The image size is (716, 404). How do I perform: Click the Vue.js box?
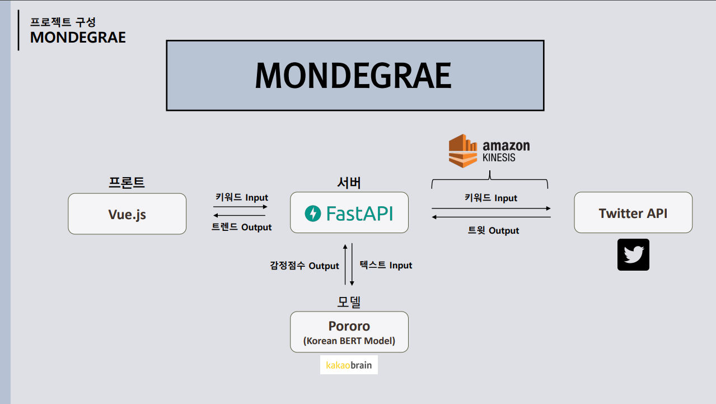[127, 213]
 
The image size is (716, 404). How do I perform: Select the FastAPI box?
[349, 212]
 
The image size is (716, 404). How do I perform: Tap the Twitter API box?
[633, 212]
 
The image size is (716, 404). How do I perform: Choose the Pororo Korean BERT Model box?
[349, 332]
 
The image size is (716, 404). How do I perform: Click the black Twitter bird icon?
[633, 254]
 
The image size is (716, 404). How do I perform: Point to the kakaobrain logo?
[349, 365]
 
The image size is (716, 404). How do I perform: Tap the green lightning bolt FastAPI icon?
[313, 213]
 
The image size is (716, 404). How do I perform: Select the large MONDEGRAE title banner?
[354, 75]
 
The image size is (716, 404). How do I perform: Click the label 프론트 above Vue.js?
[127, 183]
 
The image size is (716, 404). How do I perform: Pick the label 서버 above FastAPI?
[349, 183]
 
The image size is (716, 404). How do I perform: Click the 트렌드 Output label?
[241, 227]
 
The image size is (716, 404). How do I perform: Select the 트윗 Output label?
[493, 230]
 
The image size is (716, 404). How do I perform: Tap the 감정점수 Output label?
[305, 266]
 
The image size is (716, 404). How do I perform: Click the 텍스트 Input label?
[386, 265]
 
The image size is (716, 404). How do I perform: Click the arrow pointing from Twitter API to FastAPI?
[491, 217]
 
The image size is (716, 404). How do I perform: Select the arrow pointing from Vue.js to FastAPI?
[241, 207]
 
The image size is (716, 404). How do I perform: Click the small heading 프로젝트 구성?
[63, 22]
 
